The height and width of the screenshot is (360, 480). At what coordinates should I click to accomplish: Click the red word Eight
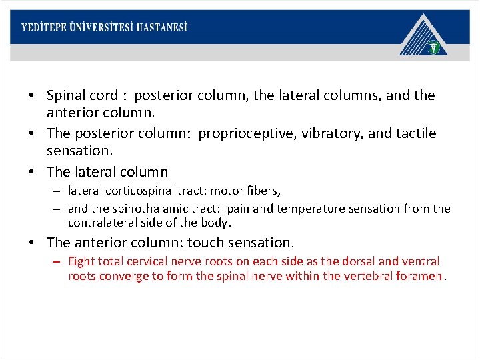[x=83, y=261]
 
